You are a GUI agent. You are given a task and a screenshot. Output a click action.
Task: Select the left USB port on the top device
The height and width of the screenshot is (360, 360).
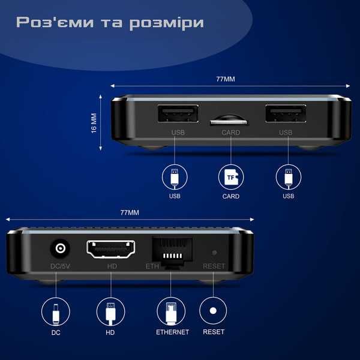tap(178, 114)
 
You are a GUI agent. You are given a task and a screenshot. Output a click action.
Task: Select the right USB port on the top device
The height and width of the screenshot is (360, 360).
tap(286, 114)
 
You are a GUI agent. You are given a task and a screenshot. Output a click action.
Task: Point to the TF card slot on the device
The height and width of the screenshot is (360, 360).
tap(231, 121)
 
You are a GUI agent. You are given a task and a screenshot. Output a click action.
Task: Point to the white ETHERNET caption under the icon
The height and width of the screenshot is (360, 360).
tap(172, 332)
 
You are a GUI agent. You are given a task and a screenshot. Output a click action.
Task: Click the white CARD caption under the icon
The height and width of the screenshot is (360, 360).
tap(231, 196)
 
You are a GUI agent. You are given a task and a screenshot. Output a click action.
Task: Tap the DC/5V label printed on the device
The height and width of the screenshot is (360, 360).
tap(59, 266)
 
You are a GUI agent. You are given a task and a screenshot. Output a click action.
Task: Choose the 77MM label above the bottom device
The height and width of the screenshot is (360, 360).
tap(129, 212)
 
